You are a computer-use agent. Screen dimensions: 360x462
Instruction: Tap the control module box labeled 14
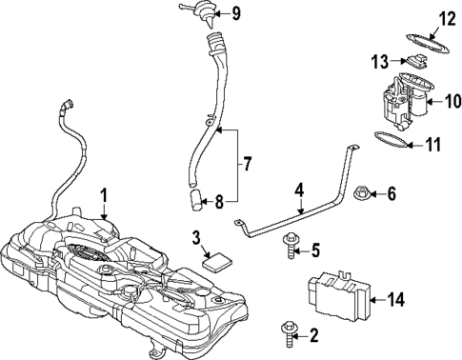332,297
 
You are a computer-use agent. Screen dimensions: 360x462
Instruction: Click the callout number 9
236,13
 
